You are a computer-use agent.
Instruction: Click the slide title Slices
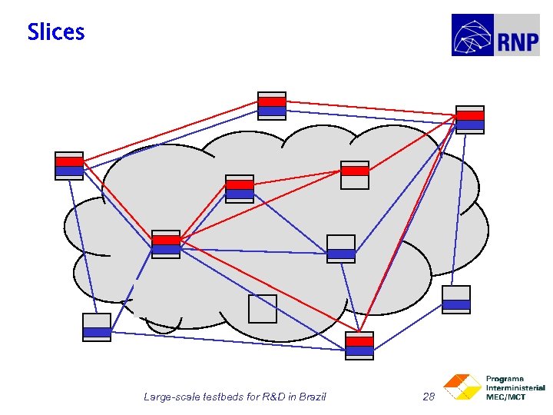(55, 32)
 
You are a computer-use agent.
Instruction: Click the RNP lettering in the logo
(518, 41)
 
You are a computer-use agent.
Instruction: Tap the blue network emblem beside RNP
(473, 35)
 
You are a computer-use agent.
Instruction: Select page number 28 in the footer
(429, 397)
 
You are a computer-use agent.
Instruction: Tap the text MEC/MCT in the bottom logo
(506, 397)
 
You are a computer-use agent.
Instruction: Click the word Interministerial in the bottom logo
(515, 388)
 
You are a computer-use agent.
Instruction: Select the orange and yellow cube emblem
(462, 387)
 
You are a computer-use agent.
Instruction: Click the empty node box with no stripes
(262, 308)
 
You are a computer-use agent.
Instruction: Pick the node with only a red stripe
(355, 174)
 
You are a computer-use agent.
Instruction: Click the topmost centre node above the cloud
(272, 106)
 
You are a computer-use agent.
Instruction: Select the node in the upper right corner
(470, 120)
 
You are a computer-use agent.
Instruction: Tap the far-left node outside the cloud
(69, 166)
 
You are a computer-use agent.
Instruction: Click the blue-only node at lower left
(97, 327)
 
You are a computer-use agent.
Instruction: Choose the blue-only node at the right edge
(456, 300)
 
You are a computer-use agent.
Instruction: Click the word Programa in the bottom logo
(505, 379)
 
